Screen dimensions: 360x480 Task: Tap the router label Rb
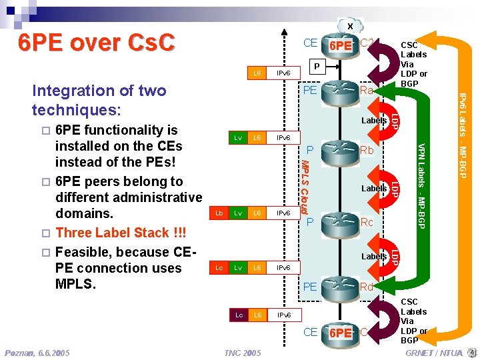pyautogui.click(x=367, y=151)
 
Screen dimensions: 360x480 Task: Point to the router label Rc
pyautogui.click(x=367, y=221)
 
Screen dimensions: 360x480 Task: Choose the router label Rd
pyautogui.click(x=367, y=287)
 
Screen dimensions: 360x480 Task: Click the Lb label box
pyautogui.click(x=217, y=213)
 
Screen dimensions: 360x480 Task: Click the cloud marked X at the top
pyautogui.click(x=349, y=25)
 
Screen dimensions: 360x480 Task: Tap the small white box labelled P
pyautogui.click(x=318, y=66)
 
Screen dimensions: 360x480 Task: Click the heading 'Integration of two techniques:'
pyautogui.click(x=99, y=99)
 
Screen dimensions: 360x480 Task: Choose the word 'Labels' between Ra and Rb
pyautogui.click(x=373, y=121)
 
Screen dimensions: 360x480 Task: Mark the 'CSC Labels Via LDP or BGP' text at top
pyautogui.click(x=413, y=64)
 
